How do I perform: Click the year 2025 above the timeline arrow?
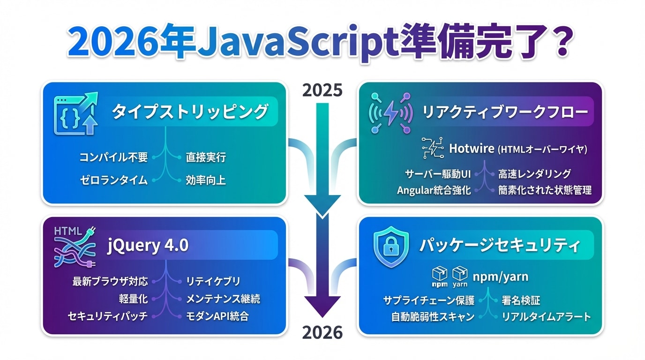pyautogui.click(x=322, y=90)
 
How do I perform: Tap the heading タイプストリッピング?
pyautogui.click(x=190, y=112)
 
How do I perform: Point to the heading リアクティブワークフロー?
pyautogui.click(x=505, y=112)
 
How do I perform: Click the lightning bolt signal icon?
pyautogui.click(x=391, y=112)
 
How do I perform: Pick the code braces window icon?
pyautogui.click(x=76, y=113)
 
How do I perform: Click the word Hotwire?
pyautogui.click(x=472, y=149)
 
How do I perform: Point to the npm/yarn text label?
pyautogui.click(x=501, y=277)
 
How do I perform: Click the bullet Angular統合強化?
pyautogui.click(x=434, y=190)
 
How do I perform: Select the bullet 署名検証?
pyautogui.click(x=521, y=300)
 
